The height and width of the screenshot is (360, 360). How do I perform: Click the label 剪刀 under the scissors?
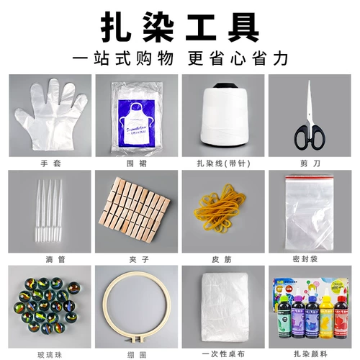[310, 163]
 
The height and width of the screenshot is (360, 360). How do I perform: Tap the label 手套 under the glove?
[50, 163]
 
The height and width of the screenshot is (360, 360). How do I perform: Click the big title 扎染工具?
[179, 26]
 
